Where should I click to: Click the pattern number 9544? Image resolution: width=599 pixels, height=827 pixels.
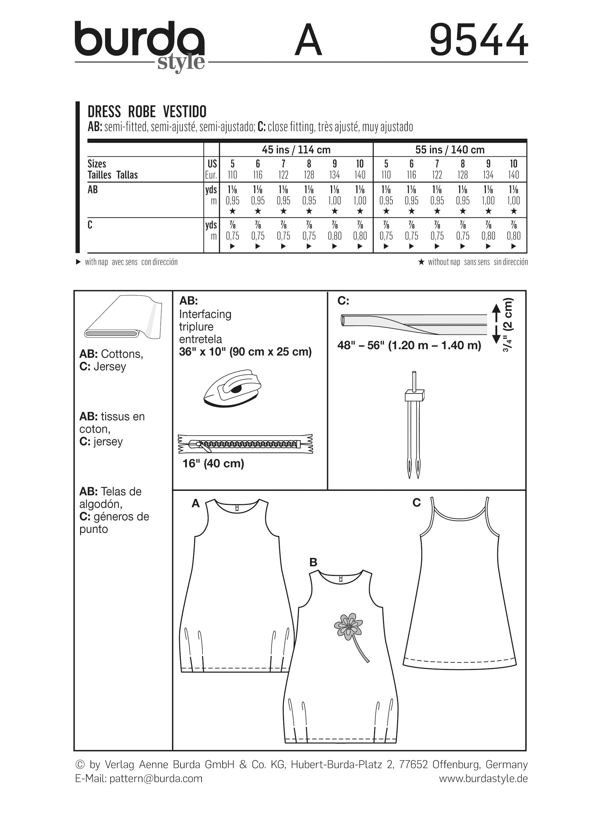click(x=478, y=40)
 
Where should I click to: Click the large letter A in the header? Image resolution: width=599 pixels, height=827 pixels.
click(x=308, y=40)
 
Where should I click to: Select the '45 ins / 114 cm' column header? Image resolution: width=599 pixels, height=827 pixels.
click(x=296, y=150)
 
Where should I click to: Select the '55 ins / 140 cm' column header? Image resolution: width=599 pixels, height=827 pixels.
click(x=450, y=150)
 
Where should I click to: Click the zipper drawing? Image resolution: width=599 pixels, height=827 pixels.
click(x=245, y=444)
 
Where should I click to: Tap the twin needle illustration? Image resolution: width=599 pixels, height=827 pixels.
click(x=414, y=425)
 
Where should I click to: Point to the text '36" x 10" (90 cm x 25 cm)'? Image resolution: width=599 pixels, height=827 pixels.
click(x=245, y=352)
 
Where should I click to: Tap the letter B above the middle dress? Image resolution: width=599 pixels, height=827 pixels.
click(x=313, y=563)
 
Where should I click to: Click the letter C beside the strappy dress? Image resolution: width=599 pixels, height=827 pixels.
click(x=416, y=503)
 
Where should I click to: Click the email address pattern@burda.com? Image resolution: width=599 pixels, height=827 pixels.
click(x=156, y=779)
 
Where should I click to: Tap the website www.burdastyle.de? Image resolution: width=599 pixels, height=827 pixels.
click(x=483, y=779)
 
